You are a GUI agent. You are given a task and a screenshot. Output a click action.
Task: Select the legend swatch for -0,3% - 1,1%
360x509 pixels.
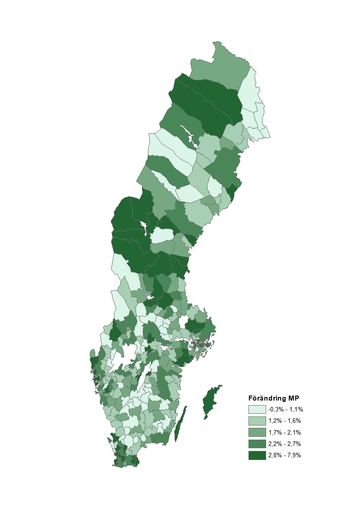[257, 409]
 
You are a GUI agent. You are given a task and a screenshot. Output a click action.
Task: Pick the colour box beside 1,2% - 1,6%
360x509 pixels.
[257, 421]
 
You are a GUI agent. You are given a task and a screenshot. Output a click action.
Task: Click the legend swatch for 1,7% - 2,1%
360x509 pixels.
[257, 432]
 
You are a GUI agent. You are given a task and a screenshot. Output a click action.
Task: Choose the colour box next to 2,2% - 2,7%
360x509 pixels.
[257, 443]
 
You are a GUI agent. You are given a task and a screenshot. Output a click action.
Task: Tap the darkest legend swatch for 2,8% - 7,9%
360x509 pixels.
[257, 455]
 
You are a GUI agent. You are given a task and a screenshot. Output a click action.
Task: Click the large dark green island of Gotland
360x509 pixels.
[210, 401]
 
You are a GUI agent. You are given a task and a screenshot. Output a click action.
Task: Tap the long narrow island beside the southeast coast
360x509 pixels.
[180, 424]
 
